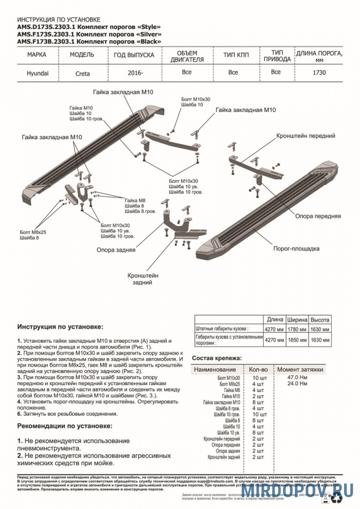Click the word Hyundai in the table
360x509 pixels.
tap(38, 73)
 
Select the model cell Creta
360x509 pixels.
tap(82, 73)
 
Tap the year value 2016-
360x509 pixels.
tap(134, 73)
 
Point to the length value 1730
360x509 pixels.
tap(319, 72)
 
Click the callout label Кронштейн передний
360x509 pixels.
tap(306, 136)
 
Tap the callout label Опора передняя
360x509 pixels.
tap(318, 216)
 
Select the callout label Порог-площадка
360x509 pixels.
tap(297, 248)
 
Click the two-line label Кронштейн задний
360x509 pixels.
tap(143, 277)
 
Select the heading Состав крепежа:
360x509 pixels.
tap(217, 358)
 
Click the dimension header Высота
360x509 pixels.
tap(320, 319)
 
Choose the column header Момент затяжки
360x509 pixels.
tap(300, 369)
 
